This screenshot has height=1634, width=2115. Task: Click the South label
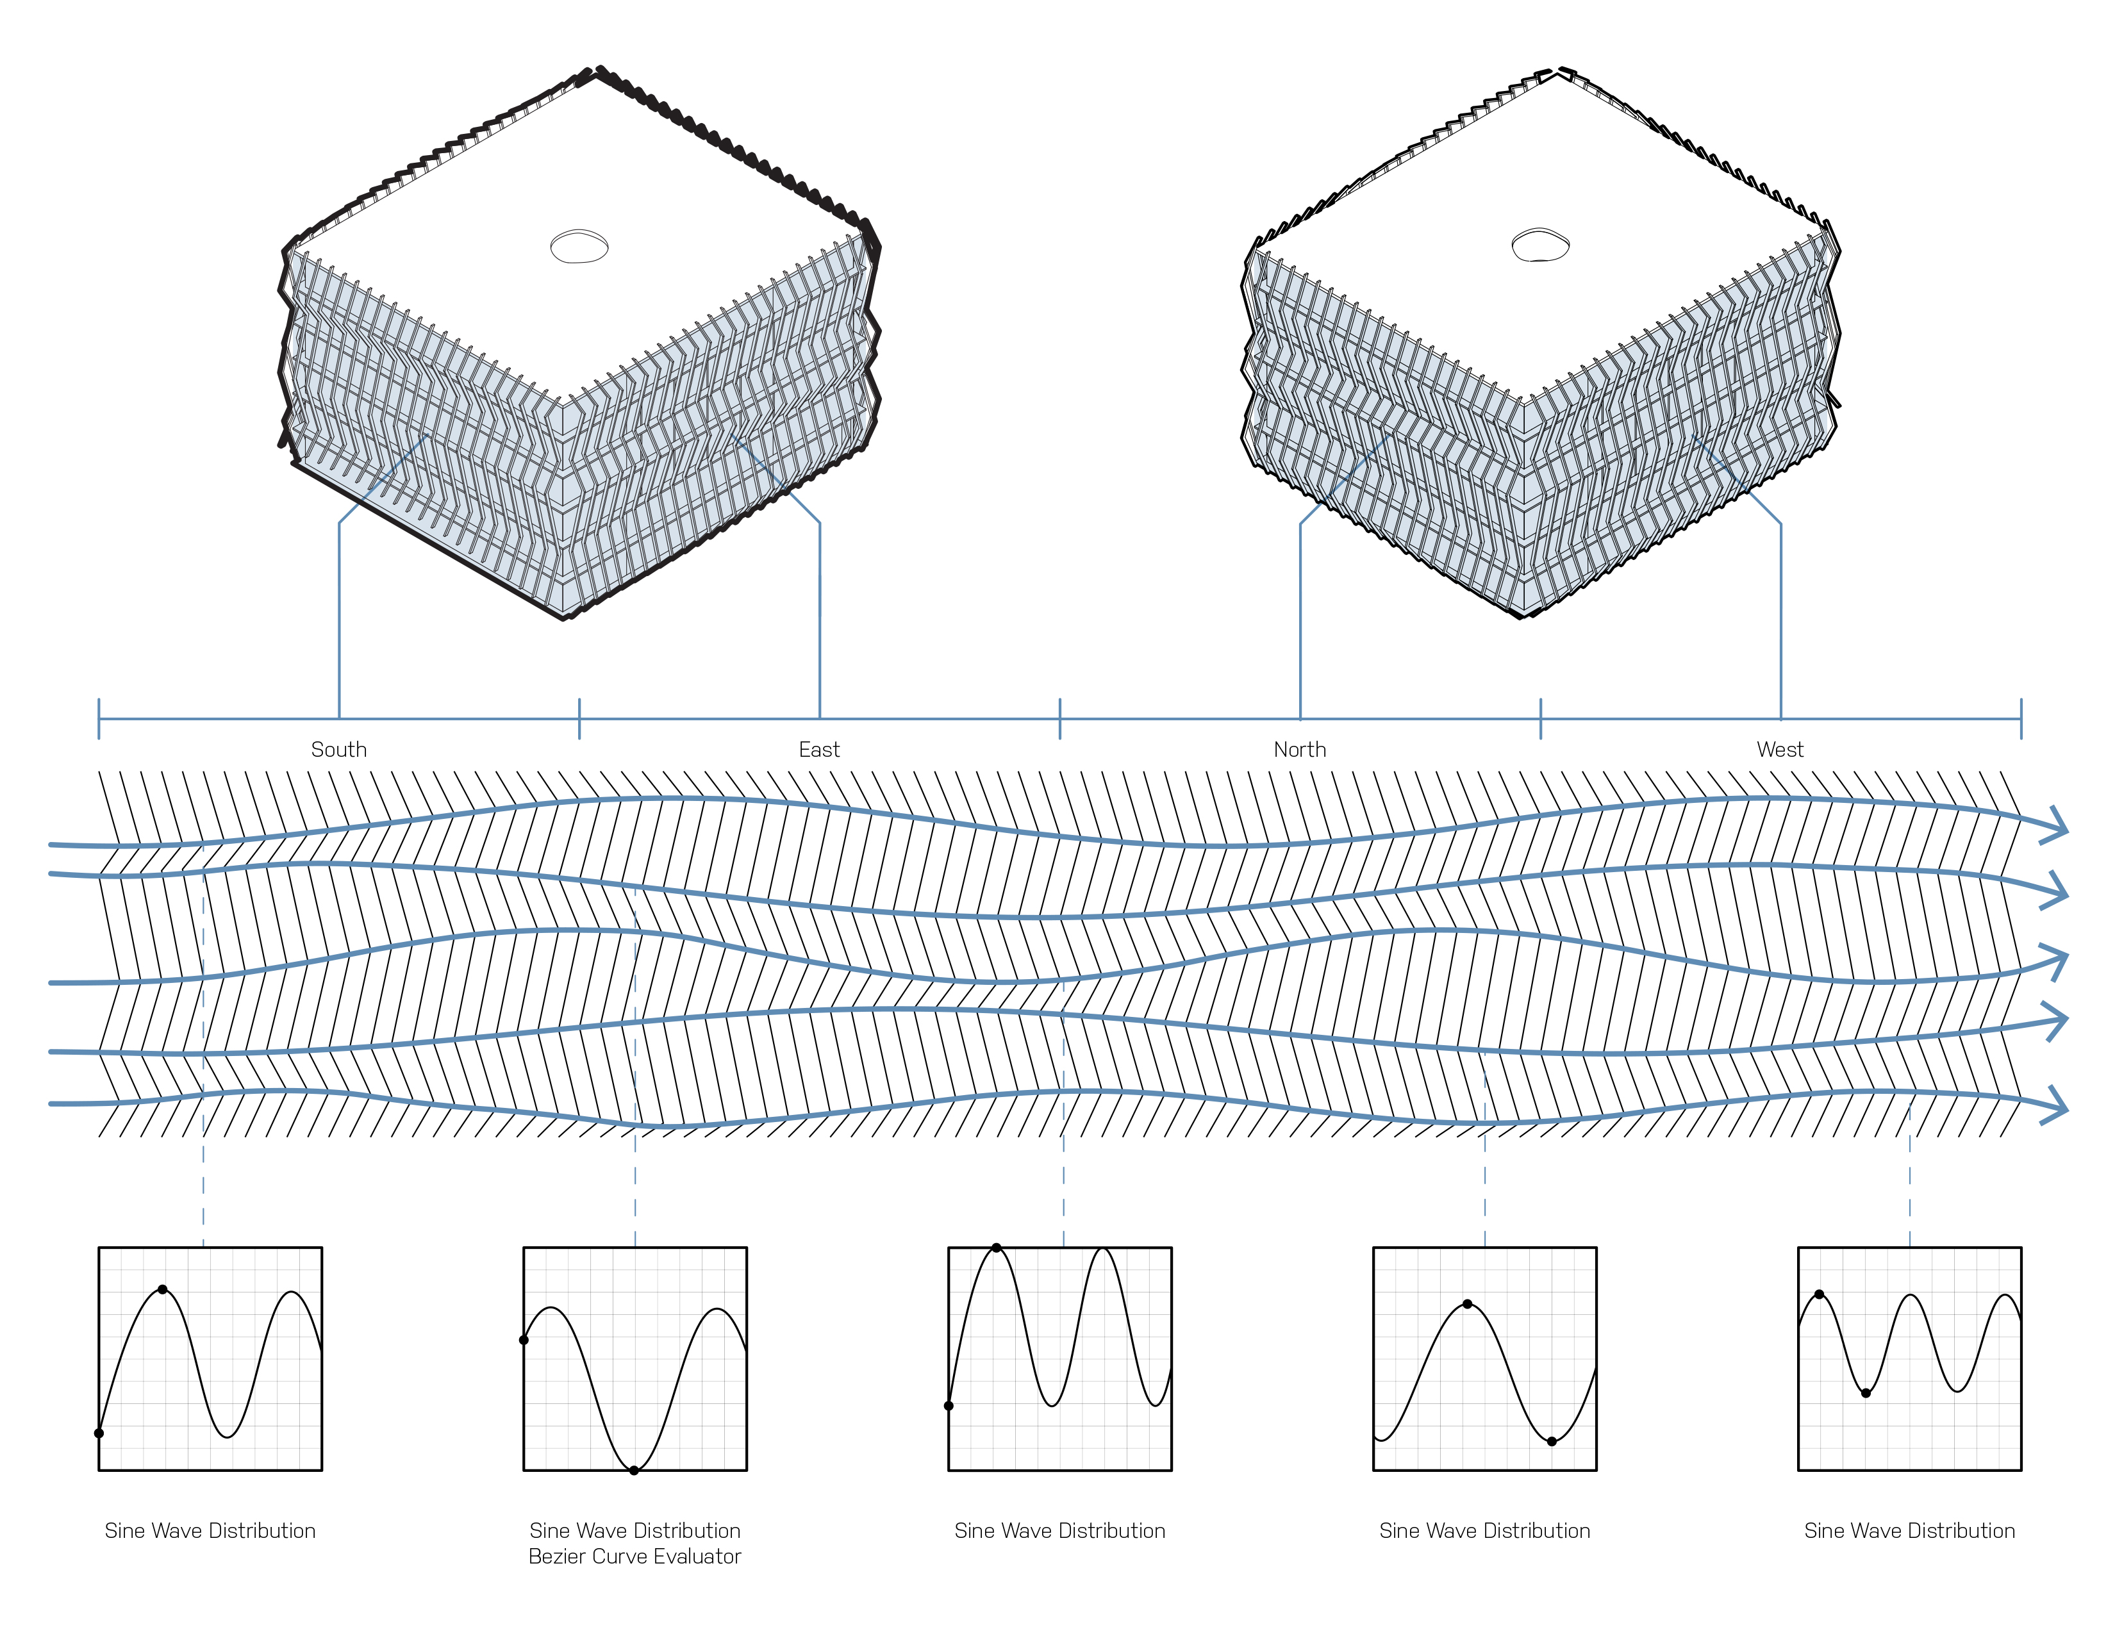[x=339, y=749]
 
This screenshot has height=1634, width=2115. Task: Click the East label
[x=819, y=749]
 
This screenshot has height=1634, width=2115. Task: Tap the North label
[x=1300, y=749]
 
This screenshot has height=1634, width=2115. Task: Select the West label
[x=1780, y=749]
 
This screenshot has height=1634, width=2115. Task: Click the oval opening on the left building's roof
[x=579, y=247]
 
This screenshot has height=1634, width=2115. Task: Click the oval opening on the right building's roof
[x=1541, y=246]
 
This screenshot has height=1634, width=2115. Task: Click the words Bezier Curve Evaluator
[x=634, y=1556]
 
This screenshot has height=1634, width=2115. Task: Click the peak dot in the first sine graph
[x=163, y=1289]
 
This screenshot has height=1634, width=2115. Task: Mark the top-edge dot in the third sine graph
[x=997, y=1248]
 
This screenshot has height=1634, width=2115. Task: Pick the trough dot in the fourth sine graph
[x=1552, y=1441]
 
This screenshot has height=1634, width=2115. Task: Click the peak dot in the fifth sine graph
[x=1820, y=1294]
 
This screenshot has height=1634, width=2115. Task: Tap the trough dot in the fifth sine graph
[x=1866, y=1393]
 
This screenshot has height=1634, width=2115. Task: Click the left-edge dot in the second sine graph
[x=524, y=1341]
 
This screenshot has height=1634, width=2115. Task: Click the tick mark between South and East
[x=579, y=719]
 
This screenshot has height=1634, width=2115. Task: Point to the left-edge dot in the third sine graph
[x=949, y=1405]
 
